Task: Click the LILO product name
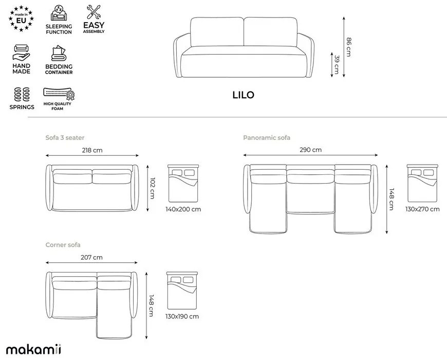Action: point(243,95)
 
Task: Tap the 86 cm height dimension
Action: point(348,47)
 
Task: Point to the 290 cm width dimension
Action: point(311,150)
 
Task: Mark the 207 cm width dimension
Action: point(91,257)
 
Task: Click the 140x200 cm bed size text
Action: point(183,209)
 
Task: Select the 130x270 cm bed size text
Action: point(422,209)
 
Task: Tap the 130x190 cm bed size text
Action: point(182,316)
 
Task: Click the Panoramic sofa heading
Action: point(267,138)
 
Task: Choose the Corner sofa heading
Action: point(63,245)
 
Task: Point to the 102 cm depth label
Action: point(152,188)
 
